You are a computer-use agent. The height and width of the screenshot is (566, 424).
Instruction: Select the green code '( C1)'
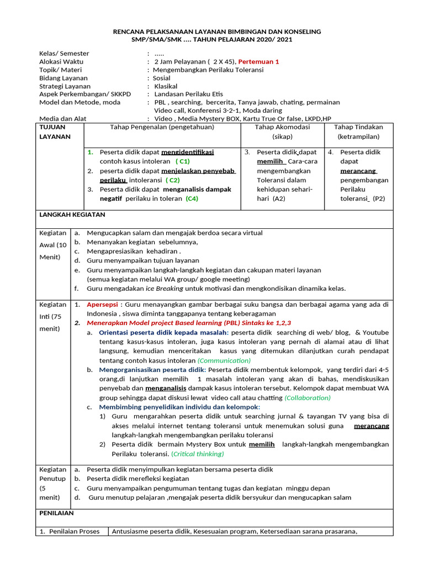(182, 161)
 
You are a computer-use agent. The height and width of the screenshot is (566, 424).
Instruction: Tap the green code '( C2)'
(173, 180)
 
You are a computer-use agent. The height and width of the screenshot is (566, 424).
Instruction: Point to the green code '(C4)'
(192, 198)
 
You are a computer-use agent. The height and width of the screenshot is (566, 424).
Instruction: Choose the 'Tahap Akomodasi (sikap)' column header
(282, 132)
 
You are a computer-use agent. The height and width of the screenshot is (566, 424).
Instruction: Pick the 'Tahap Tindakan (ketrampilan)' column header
(359, 132)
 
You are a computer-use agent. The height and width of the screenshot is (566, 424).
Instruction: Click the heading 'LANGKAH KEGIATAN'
(72, 214)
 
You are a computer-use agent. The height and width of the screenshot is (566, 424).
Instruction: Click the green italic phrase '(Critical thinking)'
(198, 454)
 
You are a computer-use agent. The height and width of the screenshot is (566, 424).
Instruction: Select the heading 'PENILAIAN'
(56, 513)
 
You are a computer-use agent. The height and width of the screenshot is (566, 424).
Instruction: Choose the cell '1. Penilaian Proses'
(72, 532)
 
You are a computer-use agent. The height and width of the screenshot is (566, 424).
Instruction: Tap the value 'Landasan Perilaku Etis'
(190, 94)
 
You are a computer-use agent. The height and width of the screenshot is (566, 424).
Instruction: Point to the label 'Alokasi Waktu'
(61, 61)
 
